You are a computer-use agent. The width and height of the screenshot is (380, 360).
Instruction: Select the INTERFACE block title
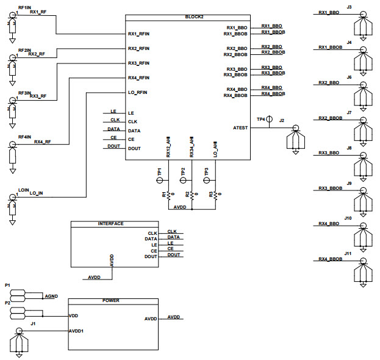click(110, 223)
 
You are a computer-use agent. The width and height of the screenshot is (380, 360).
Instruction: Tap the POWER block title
click(111, 301)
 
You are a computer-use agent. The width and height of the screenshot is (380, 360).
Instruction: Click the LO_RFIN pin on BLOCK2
click(138, 92)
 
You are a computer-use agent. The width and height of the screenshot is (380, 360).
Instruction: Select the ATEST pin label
click(240, 128)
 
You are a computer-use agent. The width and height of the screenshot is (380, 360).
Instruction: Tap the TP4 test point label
click(260, 120)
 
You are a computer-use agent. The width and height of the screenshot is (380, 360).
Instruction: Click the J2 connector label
click(281, 120)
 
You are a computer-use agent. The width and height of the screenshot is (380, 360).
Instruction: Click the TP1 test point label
click(159, 173)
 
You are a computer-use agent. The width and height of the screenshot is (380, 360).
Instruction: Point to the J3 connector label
click(349, 7)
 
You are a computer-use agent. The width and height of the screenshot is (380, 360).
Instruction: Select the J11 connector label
click(348, 253)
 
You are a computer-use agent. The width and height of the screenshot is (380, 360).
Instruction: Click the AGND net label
click(51, 296)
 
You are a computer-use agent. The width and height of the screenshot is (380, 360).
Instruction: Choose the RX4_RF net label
click(42, 142)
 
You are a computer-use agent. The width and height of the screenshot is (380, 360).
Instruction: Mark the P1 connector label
click(7, 285)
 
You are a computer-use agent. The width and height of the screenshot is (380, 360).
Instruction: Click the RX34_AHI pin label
click(192, 149)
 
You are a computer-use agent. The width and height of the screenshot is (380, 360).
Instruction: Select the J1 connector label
click(33, 323)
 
